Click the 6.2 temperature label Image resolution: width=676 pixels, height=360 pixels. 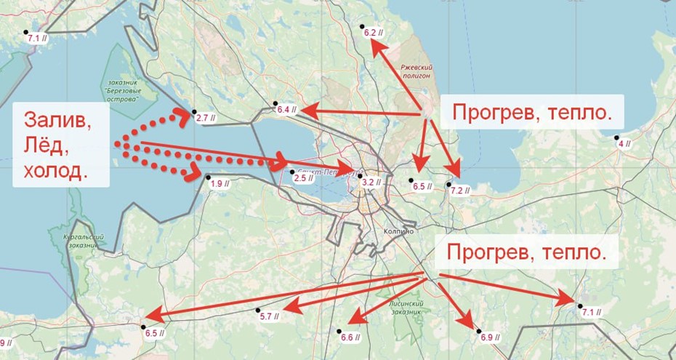pyautogui.click(x=373, y=33)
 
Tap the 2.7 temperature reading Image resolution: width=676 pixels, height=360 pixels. pyautogui.click(x=206, y=118)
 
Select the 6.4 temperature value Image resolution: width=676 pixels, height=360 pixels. pyautogui.click(x=286, y=111)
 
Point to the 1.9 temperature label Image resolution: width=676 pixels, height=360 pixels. pyautogui.click(x=220, y=185)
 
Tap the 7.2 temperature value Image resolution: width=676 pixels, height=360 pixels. pyautogui.click(x=461, y=191)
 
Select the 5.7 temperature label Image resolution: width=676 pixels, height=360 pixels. pyautogui.click(x=269, y=317)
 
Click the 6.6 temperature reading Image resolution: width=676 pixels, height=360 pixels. pyautogui.click(x=350, y=337)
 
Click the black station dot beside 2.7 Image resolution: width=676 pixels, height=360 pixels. pyautogui.click(x=194, y=112)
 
